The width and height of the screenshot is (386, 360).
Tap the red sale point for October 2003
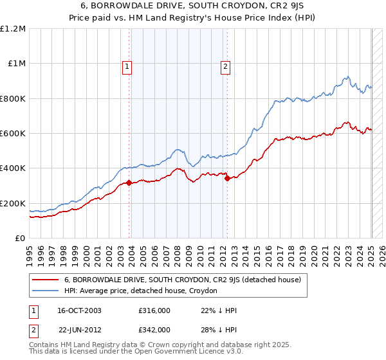(x=129, y=183)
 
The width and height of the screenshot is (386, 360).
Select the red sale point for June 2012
(x=228, y=179)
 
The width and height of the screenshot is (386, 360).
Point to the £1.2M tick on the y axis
(x=13, y=29)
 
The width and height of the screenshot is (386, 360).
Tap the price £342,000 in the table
(x=154, y=329)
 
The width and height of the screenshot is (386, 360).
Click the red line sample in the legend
(x=45, y=280)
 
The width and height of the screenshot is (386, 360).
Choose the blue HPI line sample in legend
(x=45, y=291)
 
